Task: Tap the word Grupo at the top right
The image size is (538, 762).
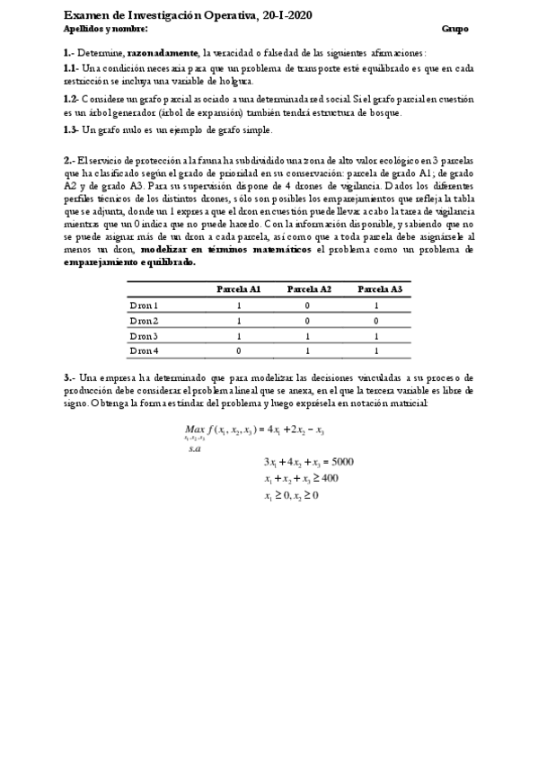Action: [x=455, y=29]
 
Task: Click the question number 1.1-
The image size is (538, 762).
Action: [x=71, y=67]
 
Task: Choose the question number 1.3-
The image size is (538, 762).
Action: [x=71, y=130]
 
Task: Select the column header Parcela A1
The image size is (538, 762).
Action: [x=239, y=289]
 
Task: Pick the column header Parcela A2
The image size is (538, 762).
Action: [x=309, y=289]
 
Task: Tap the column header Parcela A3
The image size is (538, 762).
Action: [x=379, y=289]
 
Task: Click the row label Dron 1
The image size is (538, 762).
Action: [x=144, y=306]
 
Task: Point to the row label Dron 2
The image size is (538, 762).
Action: [x=144, y=320]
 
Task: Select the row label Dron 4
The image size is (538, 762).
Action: [x=144, y=350]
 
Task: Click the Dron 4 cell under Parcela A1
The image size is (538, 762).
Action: [x=239, y=350]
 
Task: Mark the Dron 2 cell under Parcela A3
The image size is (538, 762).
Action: [x=379, y=320]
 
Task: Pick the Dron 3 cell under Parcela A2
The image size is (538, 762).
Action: [x=309, y=335]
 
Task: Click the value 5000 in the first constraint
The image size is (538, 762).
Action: [x=342, y=461]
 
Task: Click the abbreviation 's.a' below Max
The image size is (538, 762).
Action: [x=195, y=447]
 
